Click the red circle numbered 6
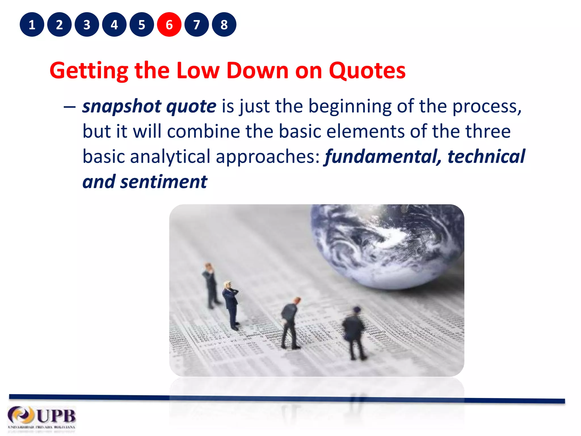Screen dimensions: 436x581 169,25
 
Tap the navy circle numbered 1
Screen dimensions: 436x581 32,25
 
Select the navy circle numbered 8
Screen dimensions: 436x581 224,25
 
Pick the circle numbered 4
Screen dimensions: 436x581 114,25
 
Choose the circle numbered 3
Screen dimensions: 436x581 87,25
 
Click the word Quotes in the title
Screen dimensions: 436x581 367,70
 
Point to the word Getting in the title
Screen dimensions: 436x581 89,71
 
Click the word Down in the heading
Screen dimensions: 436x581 257,70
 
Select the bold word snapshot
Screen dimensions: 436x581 121,107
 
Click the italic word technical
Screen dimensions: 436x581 486,156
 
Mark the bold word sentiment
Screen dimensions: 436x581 164,182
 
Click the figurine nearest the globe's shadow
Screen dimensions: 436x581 353,332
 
